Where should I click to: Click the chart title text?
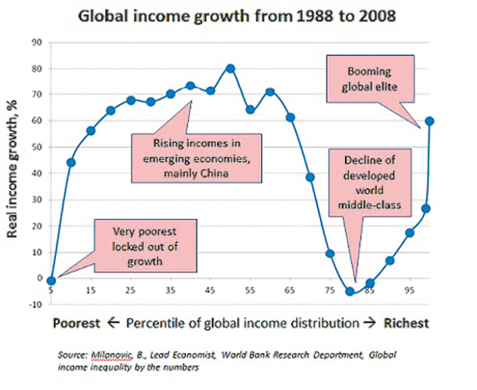(237, 15)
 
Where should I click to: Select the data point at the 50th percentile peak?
(230, 69)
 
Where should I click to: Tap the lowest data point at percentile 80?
(349, 291)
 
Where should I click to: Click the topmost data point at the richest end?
(429, 121)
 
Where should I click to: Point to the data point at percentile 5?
(51, 280)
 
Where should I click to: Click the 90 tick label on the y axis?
(37, 43)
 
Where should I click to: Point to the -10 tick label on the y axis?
(35, 305)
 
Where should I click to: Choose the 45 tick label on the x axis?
(210, 290)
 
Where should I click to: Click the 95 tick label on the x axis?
(409, 290)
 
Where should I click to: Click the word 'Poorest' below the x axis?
(77, 324)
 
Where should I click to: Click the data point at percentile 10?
(71, 162)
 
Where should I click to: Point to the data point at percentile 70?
(310, 177)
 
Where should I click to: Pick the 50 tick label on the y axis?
(37, 148)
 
